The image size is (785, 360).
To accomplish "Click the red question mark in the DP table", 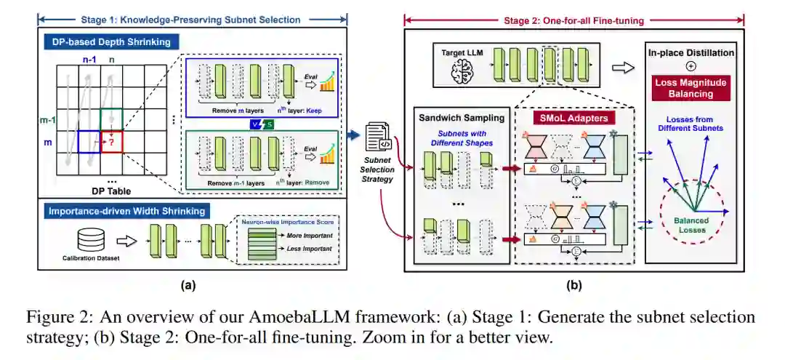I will [x=112, y=143].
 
